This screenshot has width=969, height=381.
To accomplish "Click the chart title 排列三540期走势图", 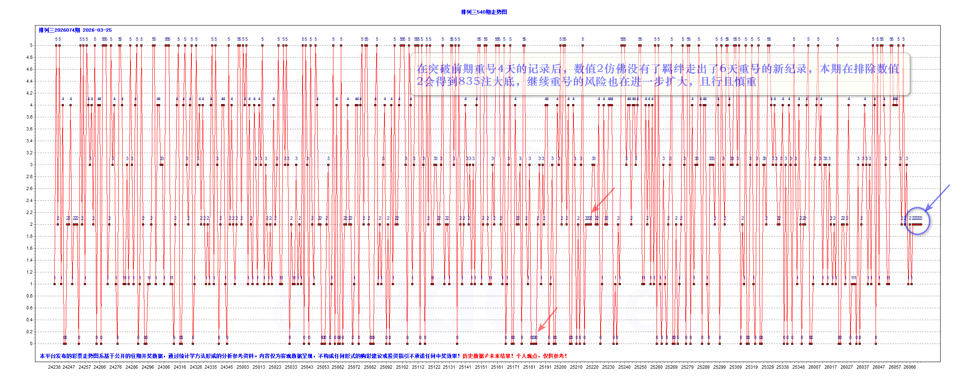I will (x=484, y=12).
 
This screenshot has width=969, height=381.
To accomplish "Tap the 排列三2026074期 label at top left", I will (x=59, y=30).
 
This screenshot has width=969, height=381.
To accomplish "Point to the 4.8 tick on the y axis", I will (x=29, y=57).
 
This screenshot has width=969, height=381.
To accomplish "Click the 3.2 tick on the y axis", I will (x=29, y=153).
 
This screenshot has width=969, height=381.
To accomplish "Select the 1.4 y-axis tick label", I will (x=29, y=260).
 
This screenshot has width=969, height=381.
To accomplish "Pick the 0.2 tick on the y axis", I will (x=29, y=332).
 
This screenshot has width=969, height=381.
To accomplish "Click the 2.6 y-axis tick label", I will (x=29, y=188).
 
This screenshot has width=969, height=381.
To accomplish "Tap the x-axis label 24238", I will (x=54, y=367).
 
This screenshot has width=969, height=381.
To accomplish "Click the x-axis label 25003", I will (x=242, y=367).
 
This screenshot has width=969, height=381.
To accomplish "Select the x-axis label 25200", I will (x=560, y=367).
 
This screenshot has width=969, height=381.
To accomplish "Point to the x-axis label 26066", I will (x=909, y=367).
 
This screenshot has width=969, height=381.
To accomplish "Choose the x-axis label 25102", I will (x=402, y=367).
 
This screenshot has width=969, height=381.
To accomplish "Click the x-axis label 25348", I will (x=798, y=367).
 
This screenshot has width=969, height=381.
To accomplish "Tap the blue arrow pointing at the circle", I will (x=937, y=198).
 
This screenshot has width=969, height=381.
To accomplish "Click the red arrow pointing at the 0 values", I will (x=547, y=319).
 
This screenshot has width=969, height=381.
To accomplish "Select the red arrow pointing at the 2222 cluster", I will (x=603, y=200).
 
